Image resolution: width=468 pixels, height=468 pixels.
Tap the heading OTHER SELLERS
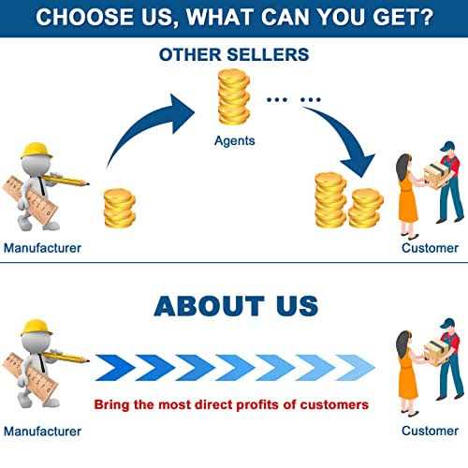pyautogui.click(x=234, y=54)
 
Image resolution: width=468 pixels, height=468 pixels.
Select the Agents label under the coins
pyautogui.click(x=235, y=141)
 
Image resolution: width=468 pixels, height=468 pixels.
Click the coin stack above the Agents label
pyautogui.click(x=234, y=97)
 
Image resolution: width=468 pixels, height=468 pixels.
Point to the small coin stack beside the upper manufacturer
pyautogui.click(x=120, y=208)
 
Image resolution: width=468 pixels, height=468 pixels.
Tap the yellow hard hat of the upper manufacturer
pyautogui.click(x=36, y=151)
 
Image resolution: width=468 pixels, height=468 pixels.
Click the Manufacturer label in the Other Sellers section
pyautogui.click(x=42, y=248)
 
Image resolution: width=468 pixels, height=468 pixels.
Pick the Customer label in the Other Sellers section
pyautogui.click(x=430, y=248)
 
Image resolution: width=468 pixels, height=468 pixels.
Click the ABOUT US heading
pyautogui.click(x=236, y=306)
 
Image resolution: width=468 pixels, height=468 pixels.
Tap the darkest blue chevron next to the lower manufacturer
pyautogui.click(x=115, y=368)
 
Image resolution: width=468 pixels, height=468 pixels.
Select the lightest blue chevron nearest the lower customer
pyautogui.click(x=356, y=368)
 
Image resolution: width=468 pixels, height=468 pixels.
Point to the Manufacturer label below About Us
pyautogui.click(x=42, y=431)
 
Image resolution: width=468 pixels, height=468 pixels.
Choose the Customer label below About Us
pyautogui.click(x=430, y=431)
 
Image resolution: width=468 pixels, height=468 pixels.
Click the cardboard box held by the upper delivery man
pyautogui.click(x=436, y=176)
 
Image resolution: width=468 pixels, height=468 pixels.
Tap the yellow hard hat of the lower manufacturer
pyautogui.click(x=36, y=328)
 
